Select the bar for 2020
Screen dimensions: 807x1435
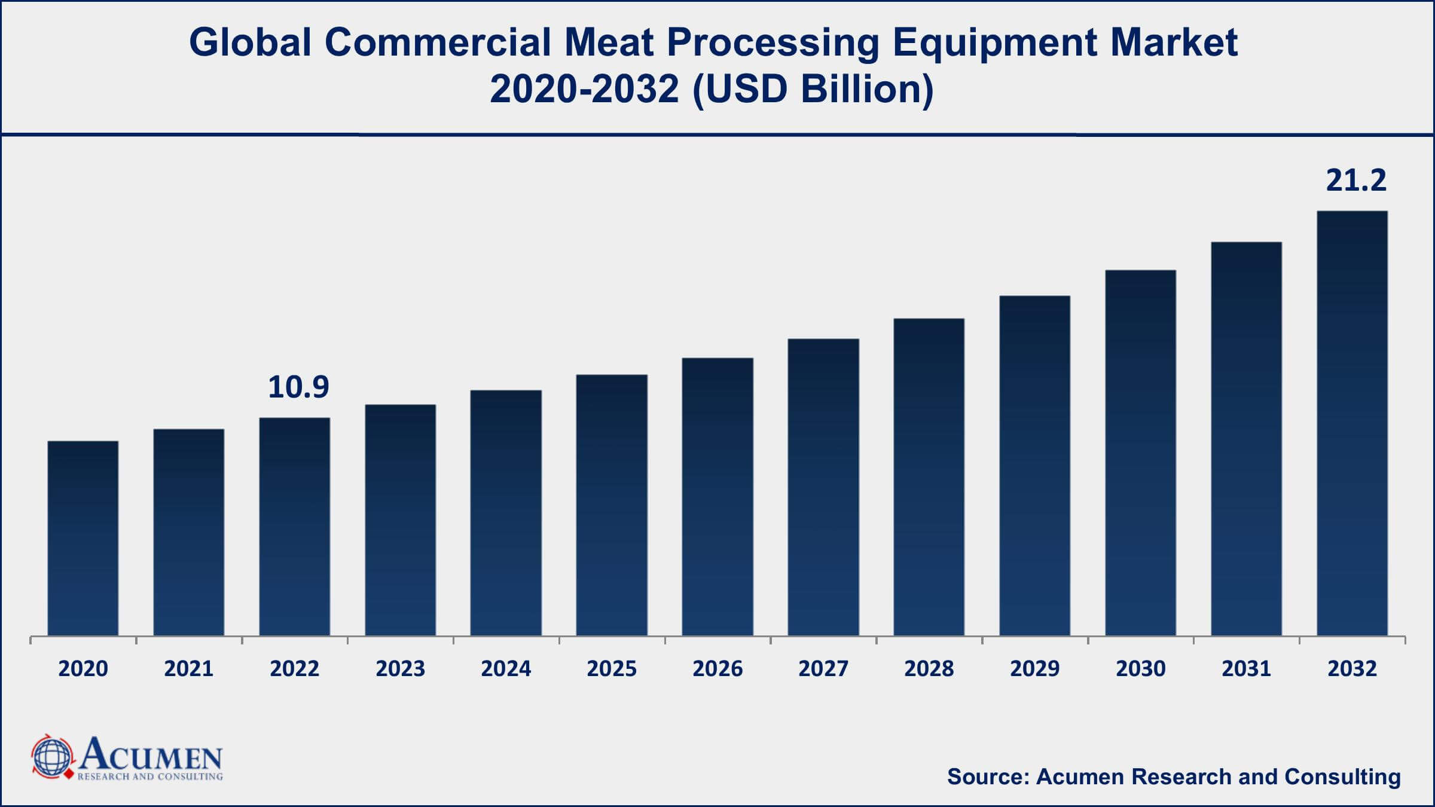(83, 538)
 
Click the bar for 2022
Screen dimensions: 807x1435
(295, 526)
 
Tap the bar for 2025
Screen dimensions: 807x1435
(612, 505)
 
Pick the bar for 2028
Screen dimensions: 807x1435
(929, 477)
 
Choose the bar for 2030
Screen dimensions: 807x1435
(1140, 453)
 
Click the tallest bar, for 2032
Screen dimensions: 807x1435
(1352, 423)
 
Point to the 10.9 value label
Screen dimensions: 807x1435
(298, 387)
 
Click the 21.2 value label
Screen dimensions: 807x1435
(1355, 181)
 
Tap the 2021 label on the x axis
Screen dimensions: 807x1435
(189, 668)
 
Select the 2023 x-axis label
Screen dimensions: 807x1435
(400, 668)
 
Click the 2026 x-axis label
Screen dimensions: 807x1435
(717, 668)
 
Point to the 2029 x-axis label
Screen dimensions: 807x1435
(1034, 668)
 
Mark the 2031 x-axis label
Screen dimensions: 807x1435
(1246, 668)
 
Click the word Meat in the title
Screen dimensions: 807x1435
(608, 43)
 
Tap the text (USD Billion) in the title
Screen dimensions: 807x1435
(813, 90)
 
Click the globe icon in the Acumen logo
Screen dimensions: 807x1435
(53, 757)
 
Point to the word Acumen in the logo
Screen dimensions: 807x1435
(151, 756)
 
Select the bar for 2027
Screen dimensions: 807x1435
(823, 487)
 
